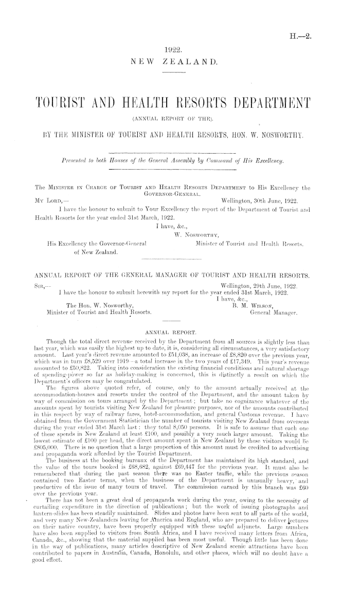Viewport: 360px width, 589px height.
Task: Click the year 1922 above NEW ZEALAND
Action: (x=174, y=50)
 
